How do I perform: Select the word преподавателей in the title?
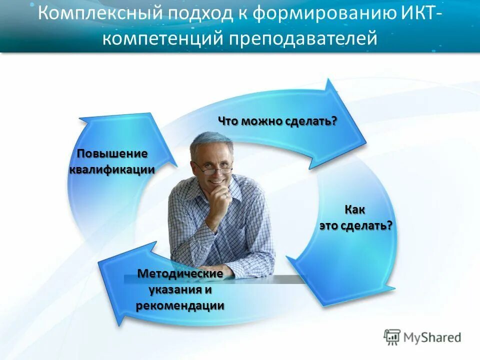tap(303, 37)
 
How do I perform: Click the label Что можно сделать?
tap(277, 121)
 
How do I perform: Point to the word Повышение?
tap(112, 154)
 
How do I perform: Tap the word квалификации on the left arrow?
tap(112, 169)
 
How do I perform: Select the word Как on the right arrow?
tap(355, 210)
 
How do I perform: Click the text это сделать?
tap(355, 225)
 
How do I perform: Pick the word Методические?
tap(180, 274)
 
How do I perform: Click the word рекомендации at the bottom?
tap(180, 306)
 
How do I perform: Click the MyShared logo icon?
tap(392, 337)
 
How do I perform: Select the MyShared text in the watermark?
tap(433, 337)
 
